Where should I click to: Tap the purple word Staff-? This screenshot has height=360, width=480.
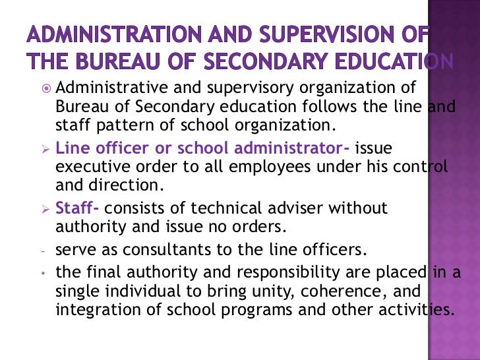(77, 208)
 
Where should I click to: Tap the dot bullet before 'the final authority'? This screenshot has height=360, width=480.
(42, 273)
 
